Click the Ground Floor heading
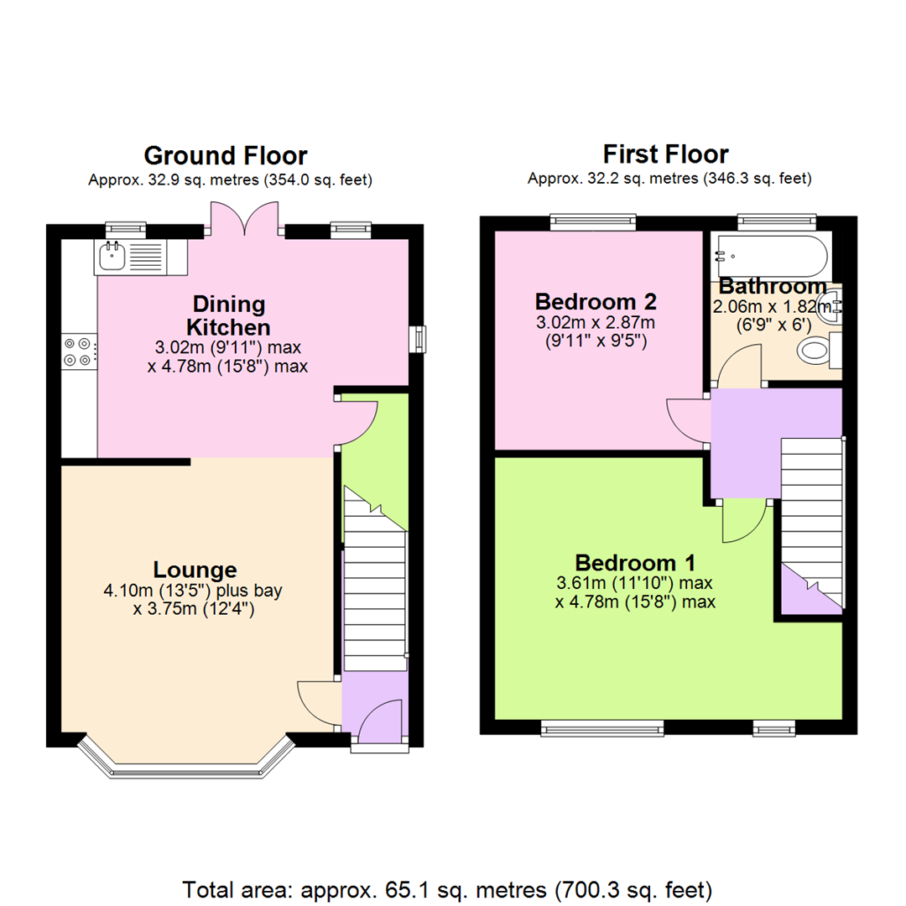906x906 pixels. tap(226, 156)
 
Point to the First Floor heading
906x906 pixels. tap(665, 154)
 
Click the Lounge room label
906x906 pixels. tap(194, 570)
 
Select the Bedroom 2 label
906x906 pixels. tap(595, 301)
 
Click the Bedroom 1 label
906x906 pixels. tap(634, 562)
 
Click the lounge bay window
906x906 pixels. tap(185, 758)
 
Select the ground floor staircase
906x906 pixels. tap(374, 587)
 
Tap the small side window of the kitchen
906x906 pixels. tap(416, 339)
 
